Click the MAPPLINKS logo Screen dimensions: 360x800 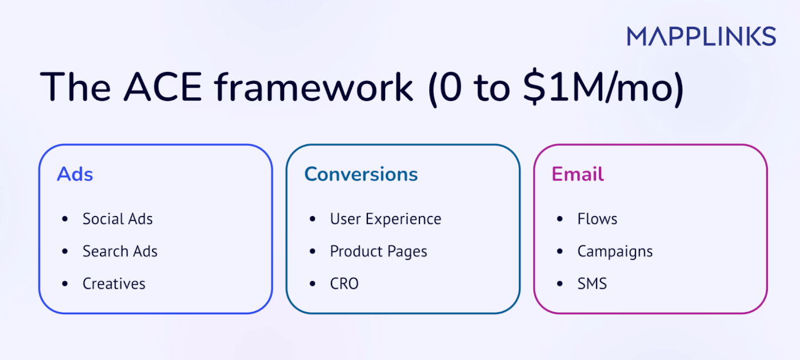(x=701, y=36)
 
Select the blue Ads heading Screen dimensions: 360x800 (x=75, y=174)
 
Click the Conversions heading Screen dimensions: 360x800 (x=361, y=174)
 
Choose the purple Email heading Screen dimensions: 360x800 (x=578, y=174)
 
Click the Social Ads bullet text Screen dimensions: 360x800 (x=118, y=219)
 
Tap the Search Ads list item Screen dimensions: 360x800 (x=120, y=251)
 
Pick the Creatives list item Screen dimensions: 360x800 (x=114, y=284)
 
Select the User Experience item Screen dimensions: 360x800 (x=386, y=219)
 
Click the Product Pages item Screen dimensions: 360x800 (x=378, y=251)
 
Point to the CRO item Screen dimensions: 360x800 (x=344, y=284)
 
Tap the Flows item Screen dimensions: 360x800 (x=597, y=219)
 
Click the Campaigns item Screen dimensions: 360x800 (x=615, y=251)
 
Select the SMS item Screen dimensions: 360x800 (x=592, y=284)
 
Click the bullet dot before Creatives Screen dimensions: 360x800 (x=65, y=284)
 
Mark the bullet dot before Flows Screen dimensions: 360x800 (x=559, y=219)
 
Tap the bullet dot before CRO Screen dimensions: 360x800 (x=312, y=284)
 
